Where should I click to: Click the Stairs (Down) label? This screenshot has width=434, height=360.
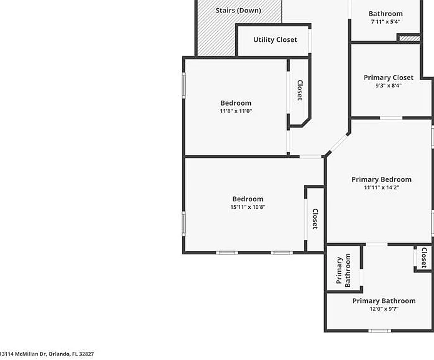point(238,11)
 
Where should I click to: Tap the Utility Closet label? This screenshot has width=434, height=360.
point(275,40)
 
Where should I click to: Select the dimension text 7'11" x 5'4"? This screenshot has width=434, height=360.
point(386,22)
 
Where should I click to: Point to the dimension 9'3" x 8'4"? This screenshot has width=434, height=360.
point(388,86)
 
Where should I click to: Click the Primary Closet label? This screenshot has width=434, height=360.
point(388,77)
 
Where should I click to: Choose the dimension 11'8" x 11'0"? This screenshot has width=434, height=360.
point(236,111)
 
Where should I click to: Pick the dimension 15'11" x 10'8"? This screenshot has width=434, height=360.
point(248,207)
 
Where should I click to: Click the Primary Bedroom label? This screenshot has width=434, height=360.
point(381,179)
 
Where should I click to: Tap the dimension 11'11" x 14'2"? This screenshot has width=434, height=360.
point(381,187)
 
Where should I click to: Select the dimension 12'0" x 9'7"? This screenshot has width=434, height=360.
point(384,309)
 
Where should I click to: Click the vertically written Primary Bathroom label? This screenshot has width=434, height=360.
point(343,271)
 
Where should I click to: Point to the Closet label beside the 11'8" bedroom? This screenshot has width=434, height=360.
point(300,90)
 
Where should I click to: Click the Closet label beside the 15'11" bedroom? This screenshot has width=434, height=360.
point(315,219)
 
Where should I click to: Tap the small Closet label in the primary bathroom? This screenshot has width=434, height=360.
point(424,258)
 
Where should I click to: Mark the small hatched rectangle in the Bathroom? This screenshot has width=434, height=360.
point(410,39)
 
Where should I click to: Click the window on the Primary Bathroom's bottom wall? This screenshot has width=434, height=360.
point(380,331)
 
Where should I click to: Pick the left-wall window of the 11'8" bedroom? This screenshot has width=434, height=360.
point(183,85)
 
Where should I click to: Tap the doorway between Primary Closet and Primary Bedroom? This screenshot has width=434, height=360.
point(391,118)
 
